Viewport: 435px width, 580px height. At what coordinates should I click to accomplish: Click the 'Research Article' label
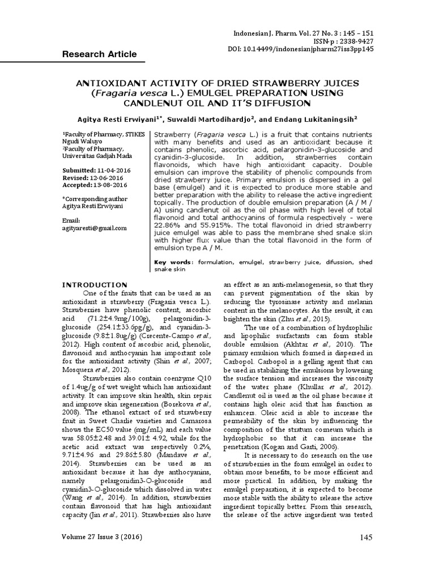tap(99, 54)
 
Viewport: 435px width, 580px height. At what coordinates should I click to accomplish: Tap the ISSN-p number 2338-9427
tap(354, 41)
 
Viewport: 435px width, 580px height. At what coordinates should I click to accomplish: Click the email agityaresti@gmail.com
tap(94, 228)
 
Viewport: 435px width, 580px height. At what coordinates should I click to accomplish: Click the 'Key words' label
tap(173, 263)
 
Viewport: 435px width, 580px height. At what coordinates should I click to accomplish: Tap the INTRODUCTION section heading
tap(95, 284)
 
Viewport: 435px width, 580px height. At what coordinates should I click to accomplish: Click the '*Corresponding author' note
tap(95, 199)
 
